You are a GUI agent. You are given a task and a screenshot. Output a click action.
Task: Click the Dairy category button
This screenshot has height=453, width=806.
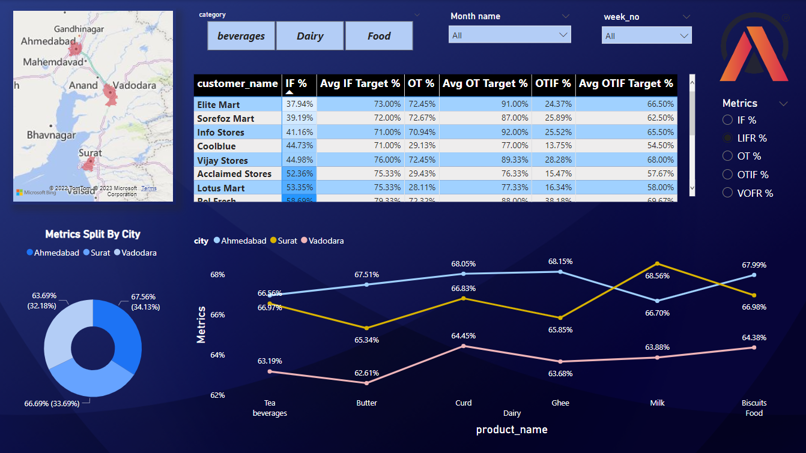310,36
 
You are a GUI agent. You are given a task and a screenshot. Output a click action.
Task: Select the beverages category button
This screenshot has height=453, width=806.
241,36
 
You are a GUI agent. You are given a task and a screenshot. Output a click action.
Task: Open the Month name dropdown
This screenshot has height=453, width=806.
509,35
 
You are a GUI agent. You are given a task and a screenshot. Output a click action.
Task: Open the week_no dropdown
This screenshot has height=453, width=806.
646,36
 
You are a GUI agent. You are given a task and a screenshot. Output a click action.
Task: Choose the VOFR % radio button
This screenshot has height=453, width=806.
727,193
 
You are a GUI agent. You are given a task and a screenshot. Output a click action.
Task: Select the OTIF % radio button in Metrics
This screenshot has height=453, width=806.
727,175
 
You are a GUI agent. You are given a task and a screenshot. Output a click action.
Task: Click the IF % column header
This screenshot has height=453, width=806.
296,84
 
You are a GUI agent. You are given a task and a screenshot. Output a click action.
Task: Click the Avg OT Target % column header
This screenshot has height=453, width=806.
485,84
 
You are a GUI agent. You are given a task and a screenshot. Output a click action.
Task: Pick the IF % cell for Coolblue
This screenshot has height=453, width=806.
298,146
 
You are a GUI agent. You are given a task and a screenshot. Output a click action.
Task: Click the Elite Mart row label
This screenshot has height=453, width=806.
219,104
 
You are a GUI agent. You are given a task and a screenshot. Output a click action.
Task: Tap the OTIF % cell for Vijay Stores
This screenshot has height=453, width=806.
553,160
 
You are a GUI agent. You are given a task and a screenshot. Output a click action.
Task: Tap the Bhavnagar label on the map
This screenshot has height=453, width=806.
52,135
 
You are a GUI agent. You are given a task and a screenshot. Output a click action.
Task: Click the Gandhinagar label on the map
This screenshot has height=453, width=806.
79,29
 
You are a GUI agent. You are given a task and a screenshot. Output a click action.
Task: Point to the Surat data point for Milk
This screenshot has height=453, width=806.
658,263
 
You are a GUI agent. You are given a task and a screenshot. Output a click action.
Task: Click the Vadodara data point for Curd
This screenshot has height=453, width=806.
464,346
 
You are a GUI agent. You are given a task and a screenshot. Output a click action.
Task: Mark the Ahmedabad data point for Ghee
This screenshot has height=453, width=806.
560,272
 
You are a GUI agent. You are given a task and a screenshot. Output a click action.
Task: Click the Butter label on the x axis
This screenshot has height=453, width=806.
366,403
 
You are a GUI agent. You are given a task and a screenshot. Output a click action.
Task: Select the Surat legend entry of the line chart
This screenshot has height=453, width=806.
283,241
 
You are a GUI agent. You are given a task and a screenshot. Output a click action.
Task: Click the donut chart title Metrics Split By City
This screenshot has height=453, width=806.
92,235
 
